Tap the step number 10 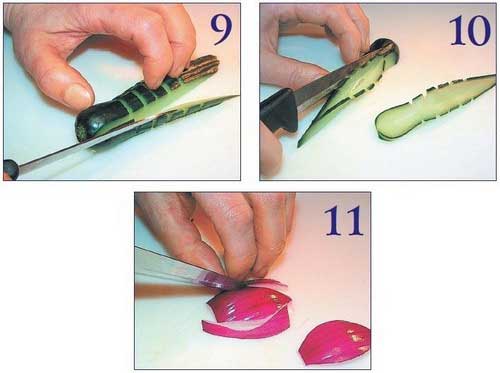click(470, 31)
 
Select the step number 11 click(343, 221)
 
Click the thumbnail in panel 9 click(76, 93)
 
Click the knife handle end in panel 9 click(11, 169)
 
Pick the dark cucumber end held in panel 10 click(387, 50)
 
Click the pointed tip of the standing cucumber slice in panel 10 click(299, 145)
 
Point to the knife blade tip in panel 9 click(237, 96)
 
